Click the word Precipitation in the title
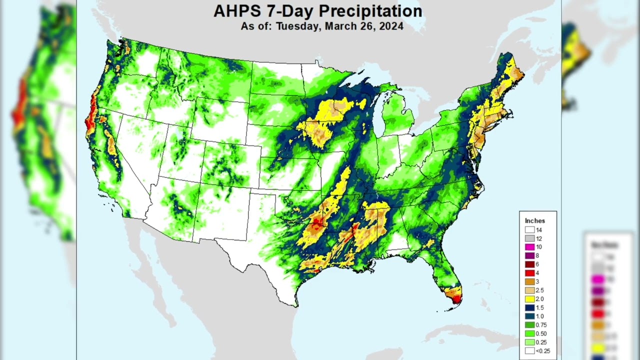[370, 11]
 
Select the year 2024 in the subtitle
[391, 26]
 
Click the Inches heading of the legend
[534, 220]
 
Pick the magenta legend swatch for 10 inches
[529, 247]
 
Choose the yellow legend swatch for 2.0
[529, 299]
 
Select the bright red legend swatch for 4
[529, 273]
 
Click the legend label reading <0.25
[542, 351]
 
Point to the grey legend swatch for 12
[529, 238]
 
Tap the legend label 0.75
[541, 325]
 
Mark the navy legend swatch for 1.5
[529, 307]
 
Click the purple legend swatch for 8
[529, 255]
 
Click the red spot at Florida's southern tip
[456, 299]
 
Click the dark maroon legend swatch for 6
[529, 264]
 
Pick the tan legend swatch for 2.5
[529, 290]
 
